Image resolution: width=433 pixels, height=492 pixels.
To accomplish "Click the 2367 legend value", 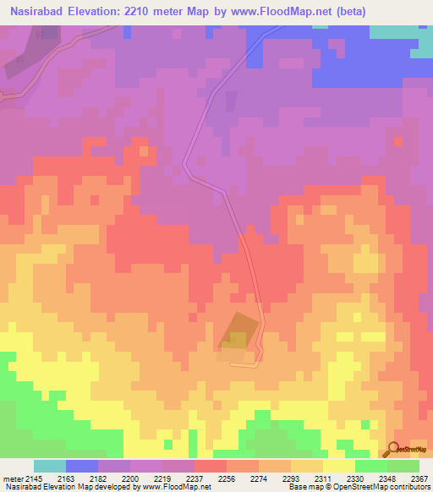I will click(x=421, y=478).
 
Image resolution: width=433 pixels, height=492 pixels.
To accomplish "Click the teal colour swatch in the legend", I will click(x=49, y=466).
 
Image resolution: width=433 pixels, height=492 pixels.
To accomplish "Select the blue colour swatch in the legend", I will click(x=81, y=466).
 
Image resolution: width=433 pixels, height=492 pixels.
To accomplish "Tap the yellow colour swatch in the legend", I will click(x=338, y=466).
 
